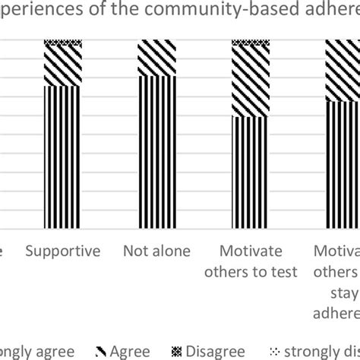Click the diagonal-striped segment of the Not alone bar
pos(156,58)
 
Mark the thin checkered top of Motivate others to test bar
pos(251,43)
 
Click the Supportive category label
pos(62,251)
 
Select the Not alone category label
pos(156,251)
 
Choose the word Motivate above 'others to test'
pos(251,251)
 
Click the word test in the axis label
pos(283,273)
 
